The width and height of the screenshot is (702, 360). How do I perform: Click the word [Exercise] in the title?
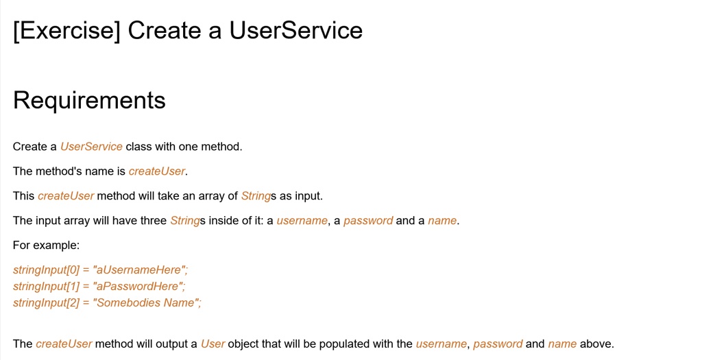pos(66,31)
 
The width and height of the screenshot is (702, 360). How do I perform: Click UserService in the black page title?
pos(295,31)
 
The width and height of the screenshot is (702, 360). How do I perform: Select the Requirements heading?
pos(89,100)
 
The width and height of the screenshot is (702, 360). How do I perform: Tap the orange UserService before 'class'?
pos(91,147)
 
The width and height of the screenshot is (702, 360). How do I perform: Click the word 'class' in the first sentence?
pos(138,147)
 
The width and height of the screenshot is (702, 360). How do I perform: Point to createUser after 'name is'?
pos(157,171)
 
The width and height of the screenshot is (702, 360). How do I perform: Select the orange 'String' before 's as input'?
pos(256,196)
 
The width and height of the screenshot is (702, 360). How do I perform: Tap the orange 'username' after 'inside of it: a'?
pos(302,221)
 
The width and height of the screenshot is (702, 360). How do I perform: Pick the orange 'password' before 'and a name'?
pos(368,221)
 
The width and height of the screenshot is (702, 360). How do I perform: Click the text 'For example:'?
pos(46,245)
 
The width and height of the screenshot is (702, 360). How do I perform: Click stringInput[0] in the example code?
pos(46,270)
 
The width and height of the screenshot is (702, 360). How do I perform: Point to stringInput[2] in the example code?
pos(46,303)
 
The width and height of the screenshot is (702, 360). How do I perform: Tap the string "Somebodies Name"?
pos(147,303)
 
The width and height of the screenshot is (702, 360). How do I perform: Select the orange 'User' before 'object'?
pos(213,344)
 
